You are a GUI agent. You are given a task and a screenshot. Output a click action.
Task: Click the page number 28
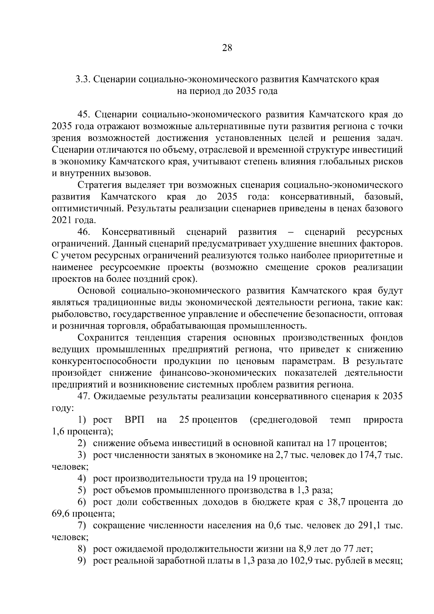click(x=227, y=48)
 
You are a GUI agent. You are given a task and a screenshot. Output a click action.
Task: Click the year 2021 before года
click(x=62, y=220)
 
